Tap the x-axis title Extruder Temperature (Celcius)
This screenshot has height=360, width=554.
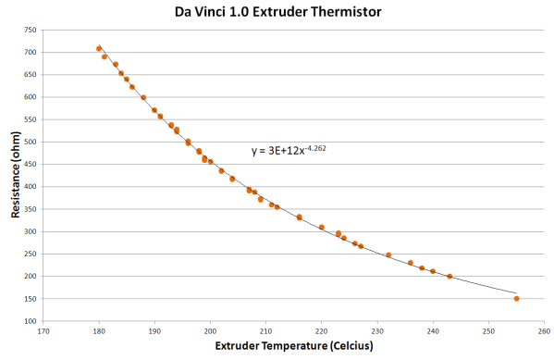pyautogui.click(x=294, y=347)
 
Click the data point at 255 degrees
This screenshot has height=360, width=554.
pyautogui.click(x=516, y=298)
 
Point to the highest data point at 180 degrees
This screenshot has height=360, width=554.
pyautogui.click(x=99, y=48)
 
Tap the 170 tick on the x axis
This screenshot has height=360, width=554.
pyautogui.click(x=43, y=329)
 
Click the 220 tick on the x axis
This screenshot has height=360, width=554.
pyautogui.click(x=322, y=329)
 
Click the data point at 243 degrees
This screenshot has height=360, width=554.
pyautogui.click(x=449, y=276)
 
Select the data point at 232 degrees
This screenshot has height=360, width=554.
pyautogui.click(x=388, y=254)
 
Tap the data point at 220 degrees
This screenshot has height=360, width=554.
pyautogui.click(x=322, y=227)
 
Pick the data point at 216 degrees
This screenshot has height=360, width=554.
pyautogui.click(x=300, y=217)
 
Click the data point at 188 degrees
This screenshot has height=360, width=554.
pyautogui.click(x=143, y=97)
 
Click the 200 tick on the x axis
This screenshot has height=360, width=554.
pyautogui.click(x=210, y=329)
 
